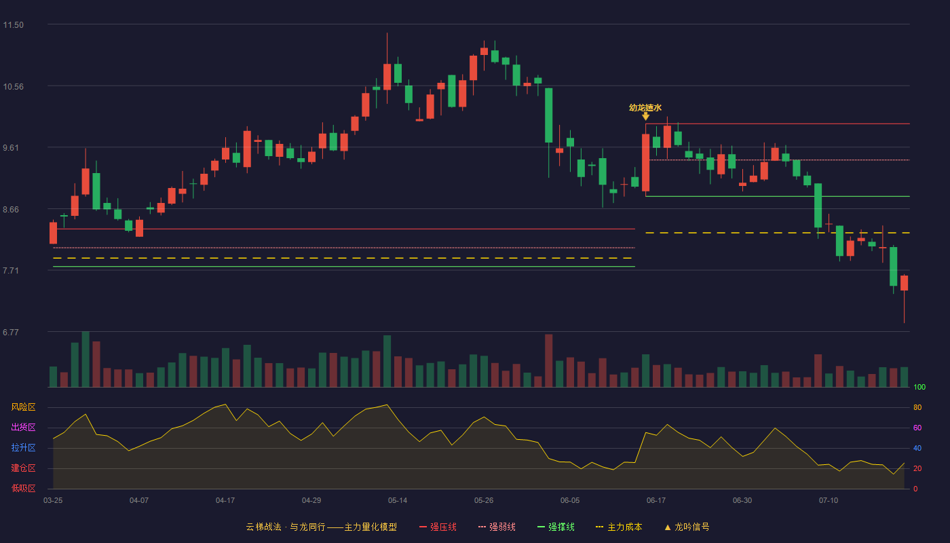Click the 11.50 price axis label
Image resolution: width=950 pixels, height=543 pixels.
(13, 25)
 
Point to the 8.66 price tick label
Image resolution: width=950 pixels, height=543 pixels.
(11, 210)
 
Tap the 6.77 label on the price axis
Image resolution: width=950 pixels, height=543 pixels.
(11, 332)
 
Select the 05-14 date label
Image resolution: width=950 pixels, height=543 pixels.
(398, 501)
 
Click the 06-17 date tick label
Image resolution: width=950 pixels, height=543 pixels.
(656, 501)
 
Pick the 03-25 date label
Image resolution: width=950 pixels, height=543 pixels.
(53, 501)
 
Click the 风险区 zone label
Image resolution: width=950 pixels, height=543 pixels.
(23, 407)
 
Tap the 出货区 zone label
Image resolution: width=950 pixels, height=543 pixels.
(23, 427)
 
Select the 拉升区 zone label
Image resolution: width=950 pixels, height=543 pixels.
(23, 447)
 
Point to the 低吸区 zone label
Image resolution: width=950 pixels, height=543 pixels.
(23, 488)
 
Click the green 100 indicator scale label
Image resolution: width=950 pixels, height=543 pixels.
(919, 387)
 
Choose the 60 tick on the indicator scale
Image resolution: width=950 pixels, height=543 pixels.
(917, 428)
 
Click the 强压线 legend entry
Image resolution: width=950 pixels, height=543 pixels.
(438, 527)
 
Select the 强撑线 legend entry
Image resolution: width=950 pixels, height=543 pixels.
(556, 527)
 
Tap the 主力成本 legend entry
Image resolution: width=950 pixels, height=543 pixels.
(619, 527)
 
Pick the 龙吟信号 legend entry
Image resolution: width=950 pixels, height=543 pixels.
(687, 527)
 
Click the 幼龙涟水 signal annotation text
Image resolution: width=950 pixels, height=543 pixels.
(645, 108)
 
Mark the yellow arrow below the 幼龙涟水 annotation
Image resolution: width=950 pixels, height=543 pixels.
(645, 116)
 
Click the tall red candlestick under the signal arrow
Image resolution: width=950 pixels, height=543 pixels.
(645, 162)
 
